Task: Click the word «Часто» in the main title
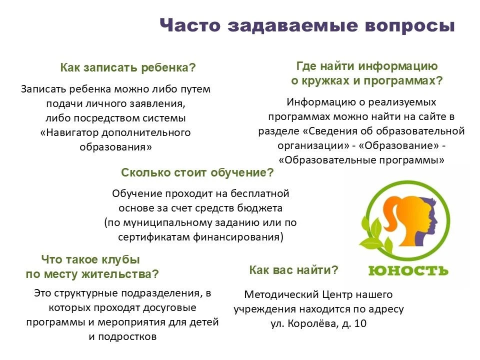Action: coord(190,25)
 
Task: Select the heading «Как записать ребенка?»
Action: coord(128,67)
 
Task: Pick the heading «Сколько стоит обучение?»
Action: coord(197,172)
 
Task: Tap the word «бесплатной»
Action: coord(260,193)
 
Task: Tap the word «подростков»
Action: coord(127,336)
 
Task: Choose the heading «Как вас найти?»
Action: coord(293,270)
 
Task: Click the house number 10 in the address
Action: coord(360,323)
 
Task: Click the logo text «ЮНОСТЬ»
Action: coord(408,270)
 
